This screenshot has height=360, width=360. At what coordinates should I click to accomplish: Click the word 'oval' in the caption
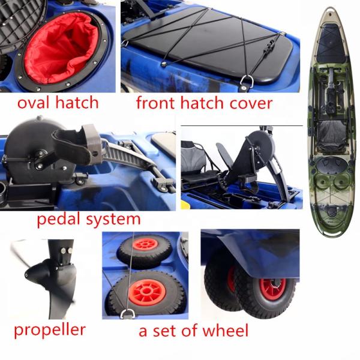click(x=32, y=103)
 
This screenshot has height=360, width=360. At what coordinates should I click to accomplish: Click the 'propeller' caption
click(x=50, y=329)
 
